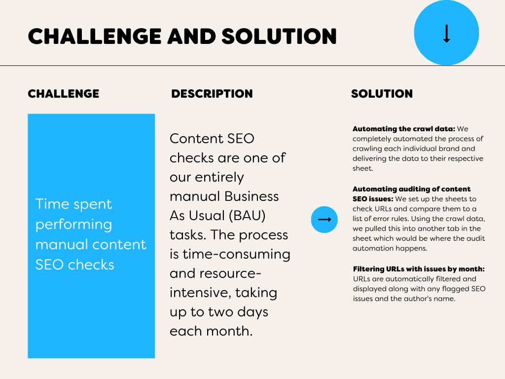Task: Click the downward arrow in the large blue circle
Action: [x=446, y=34]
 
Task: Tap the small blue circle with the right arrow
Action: [x=325, y=220]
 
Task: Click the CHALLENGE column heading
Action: [x=64, y=94]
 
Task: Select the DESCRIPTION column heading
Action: [x=212, y=94]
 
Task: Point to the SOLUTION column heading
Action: [x=382, y=94]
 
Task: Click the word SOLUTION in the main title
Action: [x=279, y=36]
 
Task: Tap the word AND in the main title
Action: [x=192, y=36]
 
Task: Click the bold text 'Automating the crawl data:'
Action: [x=404, y=129]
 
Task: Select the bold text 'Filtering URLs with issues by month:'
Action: [x=419, y=269]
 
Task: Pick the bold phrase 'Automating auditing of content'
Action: [x=412, y=189]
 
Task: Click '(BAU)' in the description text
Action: [x=247, y=215]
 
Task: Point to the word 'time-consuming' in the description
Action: [x=236, y=254]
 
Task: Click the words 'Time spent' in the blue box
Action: [x=74, y=204]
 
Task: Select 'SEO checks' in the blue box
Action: [x=75, y=265]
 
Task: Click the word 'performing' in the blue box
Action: [x=74, y=225]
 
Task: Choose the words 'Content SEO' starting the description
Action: [x=212, y=139]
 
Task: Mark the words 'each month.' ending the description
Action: [x=211, y=331]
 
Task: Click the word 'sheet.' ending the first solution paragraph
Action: [x=363, y=168]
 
